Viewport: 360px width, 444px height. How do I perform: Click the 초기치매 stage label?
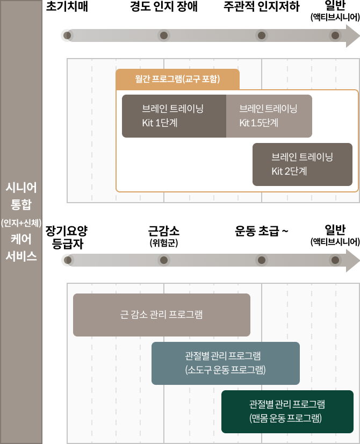67,7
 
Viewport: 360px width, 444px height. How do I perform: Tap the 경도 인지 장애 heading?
164,7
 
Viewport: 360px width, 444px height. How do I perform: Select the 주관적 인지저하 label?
261,7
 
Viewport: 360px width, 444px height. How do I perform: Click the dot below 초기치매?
67,36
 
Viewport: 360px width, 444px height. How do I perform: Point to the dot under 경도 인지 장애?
164,36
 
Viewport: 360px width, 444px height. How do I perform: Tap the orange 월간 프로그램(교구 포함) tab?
177,79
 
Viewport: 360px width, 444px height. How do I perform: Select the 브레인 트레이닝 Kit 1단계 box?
174,116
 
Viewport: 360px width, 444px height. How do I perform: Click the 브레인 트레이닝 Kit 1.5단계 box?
269,116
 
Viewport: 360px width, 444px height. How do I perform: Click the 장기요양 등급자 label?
67,237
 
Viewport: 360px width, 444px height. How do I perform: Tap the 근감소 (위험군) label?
164,236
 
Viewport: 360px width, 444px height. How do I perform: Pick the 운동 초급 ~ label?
262,232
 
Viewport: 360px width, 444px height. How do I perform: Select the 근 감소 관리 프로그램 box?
161,314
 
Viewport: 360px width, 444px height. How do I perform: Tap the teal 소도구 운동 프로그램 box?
225,363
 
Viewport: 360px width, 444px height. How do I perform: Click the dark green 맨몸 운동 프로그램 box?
287,411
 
